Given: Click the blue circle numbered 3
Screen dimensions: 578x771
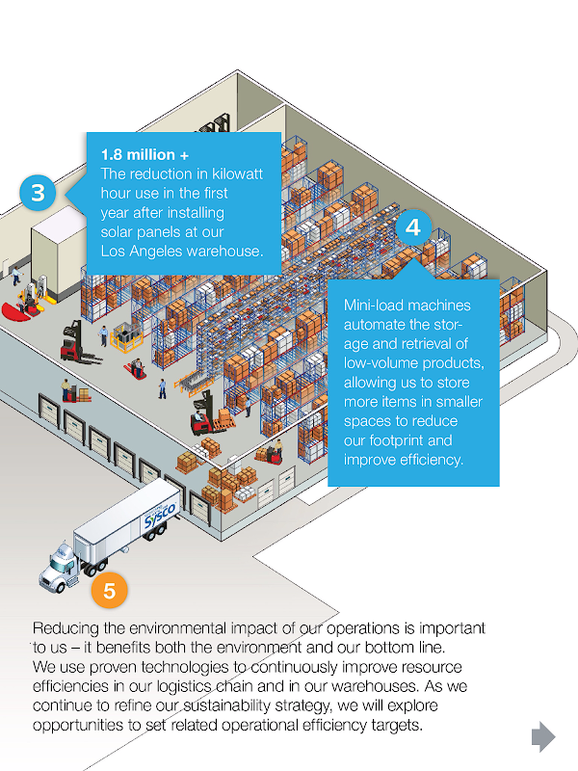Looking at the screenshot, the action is coord(38,193).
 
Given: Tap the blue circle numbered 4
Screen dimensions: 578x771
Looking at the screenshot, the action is coord(413,227).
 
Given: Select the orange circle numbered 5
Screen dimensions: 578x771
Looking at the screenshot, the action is coord(109,590).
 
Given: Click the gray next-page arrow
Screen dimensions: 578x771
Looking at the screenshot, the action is coord(543,736).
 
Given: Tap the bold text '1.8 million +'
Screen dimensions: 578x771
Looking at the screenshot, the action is coord(144,155).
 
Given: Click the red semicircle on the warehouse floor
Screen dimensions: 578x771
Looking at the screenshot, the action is coord(15,311).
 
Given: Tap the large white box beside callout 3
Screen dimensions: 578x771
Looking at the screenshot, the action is coord(58,251).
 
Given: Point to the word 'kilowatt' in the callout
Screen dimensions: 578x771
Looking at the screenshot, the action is coord(237,174).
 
